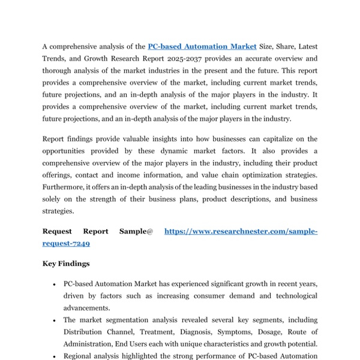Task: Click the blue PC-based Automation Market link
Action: pyautogui.click(x=202, y=46)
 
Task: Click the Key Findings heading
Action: pyautogui.click(x=66, y=263)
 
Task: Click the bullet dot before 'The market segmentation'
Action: pyautogui.click(x=55, y=320)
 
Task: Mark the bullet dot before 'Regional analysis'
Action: pyautogui.click(x=55, y=356)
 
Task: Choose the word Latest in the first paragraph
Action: pyautogui.click(x=305, y=46)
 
